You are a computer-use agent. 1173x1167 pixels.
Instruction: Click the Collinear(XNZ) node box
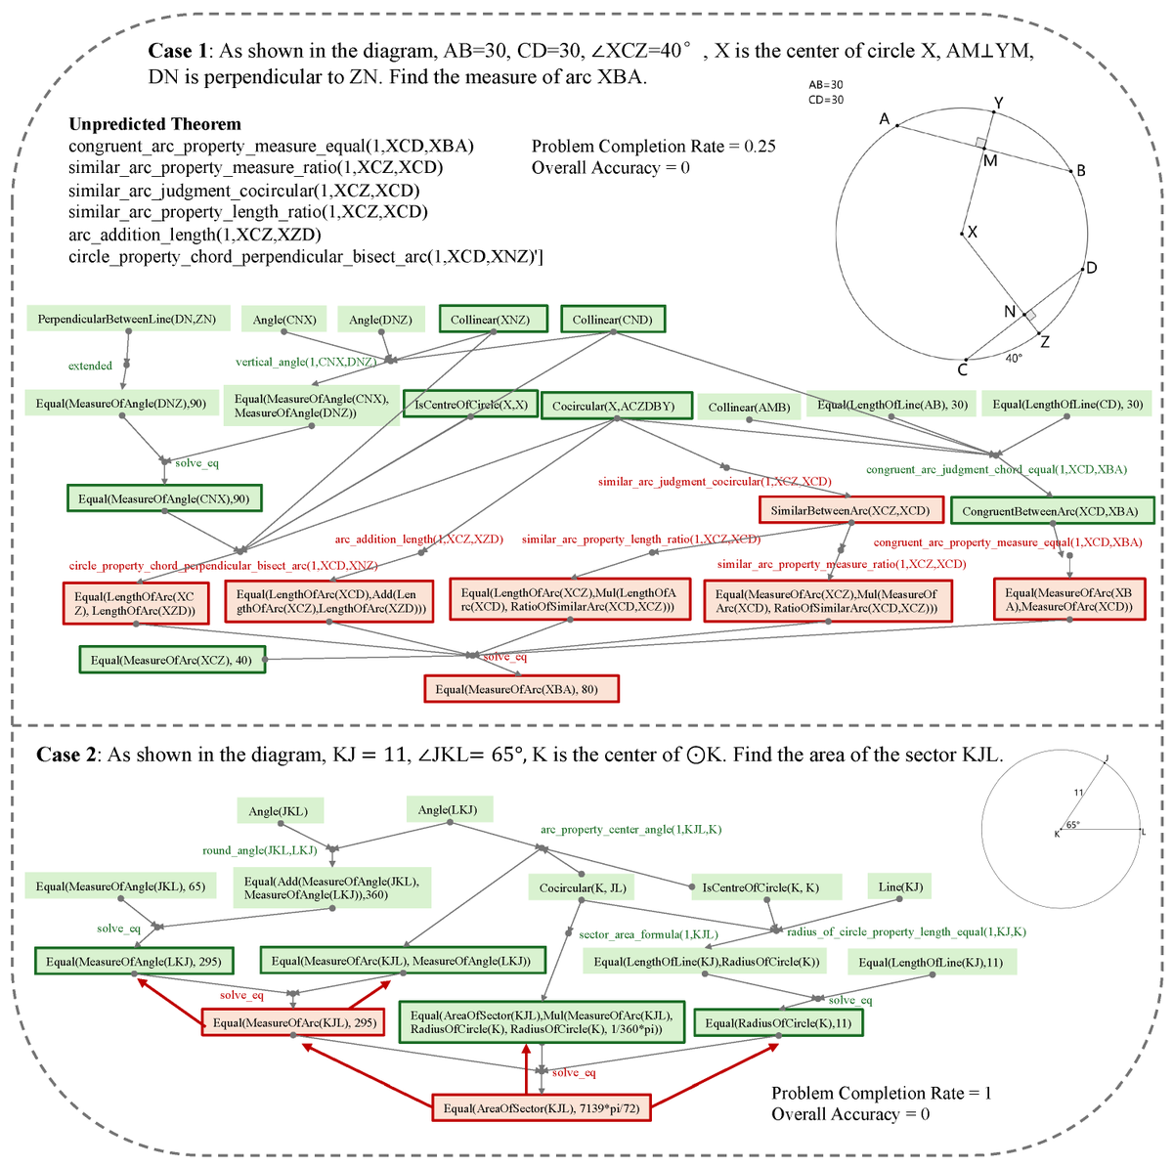(492, 320)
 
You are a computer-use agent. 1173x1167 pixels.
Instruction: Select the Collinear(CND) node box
(612, 320)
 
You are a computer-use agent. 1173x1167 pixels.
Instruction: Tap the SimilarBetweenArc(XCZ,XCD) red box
(849, 510)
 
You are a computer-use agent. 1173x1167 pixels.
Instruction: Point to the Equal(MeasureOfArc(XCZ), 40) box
(171, 660)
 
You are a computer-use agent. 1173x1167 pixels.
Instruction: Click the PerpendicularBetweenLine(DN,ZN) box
(127, 319)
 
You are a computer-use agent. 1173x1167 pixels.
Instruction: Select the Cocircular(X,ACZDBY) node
(613, 406)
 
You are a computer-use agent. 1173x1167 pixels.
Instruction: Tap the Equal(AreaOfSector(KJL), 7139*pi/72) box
(542, 1108)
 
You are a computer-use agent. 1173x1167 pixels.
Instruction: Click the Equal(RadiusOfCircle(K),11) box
(778, 1022)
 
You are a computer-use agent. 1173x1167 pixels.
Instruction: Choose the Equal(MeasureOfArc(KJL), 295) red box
(294, 1022)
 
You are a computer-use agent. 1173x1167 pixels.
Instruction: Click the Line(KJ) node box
(900, 886)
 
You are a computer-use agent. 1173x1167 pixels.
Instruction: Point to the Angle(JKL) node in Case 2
(279, 811)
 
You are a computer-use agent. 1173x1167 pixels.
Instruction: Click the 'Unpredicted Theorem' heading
(154, 124)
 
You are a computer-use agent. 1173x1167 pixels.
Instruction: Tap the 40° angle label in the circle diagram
(1015, 358)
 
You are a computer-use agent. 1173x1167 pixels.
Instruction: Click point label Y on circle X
(997, 103)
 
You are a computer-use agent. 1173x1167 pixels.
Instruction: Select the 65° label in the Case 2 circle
(1072, 825)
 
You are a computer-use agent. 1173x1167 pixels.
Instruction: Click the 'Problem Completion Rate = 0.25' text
(653, 147)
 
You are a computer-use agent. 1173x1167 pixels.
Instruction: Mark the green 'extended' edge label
(90, 366)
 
